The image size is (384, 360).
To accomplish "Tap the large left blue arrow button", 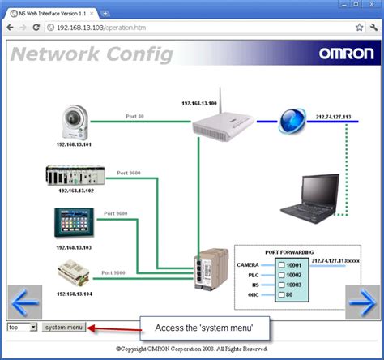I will (x=25, y=303).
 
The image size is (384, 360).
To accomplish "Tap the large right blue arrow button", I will (x=362, y=303).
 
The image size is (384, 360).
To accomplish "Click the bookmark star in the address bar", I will (x=359, y=27).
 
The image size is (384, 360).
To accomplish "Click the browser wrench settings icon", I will (x=373, y=27).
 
